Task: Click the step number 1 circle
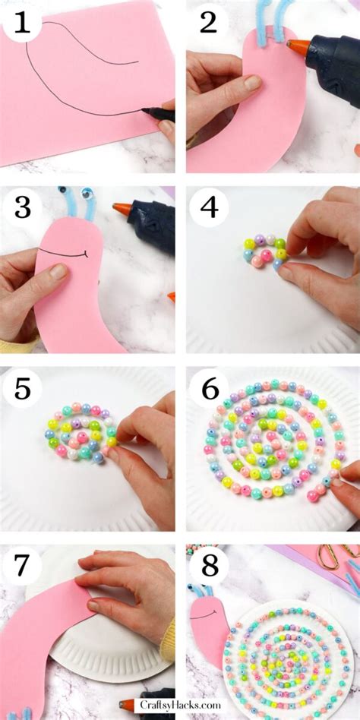(x=22, y=23)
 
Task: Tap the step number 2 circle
(x=208, y=23)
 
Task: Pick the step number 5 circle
(x=22, y=390)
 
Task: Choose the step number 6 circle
(x=209, y=390)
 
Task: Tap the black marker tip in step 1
(x=144, y=111)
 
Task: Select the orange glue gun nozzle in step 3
(x=122, y=209)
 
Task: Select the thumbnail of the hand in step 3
(x=58, y=272)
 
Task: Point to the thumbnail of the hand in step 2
(x=252, y=83)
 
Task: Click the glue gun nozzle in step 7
(x=127, y=705)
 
